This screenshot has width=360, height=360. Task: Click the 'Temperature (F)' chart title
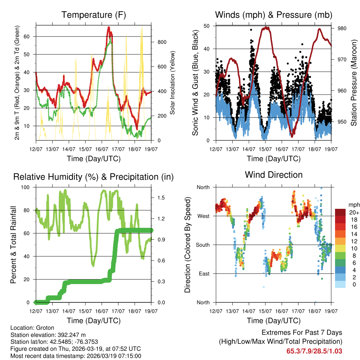[x=94, y=15]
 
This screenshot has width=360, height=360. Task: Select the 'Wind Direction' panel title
[x=274, y=174]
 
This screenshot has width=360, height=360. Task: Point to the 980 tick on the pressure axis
[x=342, y=28]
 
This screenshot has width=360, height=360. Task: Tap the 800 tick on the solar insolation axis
[x=162, y=42]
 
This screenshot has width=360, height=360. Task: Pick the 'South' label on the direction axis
[x=202, y=245]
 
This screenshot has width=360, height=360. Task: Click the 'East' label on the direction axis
[x=204, y=274]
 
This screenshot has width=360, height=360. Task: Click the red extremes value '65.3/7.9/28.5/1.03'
[x=314, y=351]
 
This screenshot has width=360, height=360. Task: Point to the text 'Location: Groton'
[x=31, y=327]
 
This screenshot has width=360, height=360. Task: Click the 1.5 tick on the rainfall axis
[x=162, y=198]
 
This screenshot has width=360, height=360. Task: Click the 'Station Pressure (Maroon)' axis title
[x=354, y=83]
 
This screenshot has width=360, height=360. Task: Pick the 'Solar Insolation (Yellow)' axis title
[x=173, y=83]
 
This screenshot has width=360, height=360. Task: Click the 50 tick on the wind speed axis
[x=207, y=26]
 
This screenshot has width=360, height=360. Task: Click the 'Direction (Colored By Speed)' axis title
[x=187, y=245]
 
